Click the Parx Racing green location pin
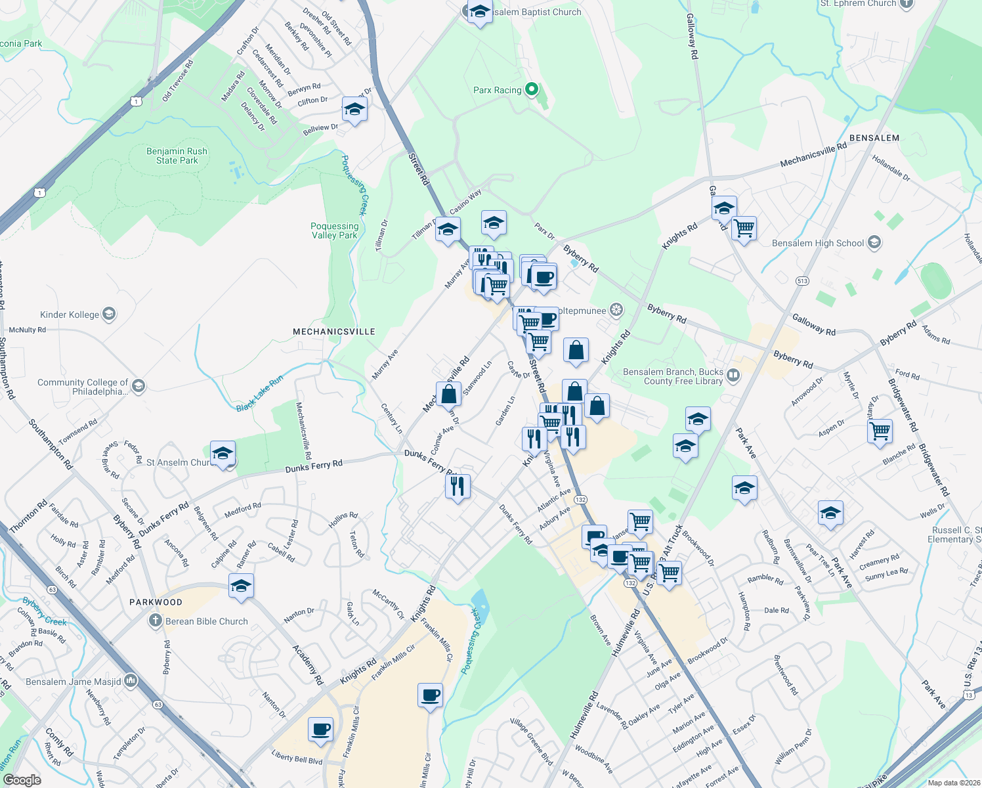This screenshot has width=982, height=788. pos(532,89)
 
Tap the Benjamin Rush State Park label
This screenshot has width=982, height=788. pos(177,156)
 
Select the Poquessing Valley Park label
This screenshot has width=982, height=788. pos(335,230)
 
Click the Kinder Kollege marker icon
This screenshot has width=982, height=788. pos(109,314)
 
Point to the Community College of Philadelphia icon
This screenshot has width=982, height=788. pos(138,386)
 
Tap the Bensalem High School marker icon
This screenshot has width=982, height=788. pos(874,243)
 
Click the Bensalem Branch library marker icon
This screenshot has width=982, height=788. pos(733,376)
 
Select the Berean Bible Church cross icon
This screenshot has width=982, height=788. pos(155,621)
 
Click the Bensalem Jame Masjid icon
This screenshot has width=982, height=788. pos(131,681)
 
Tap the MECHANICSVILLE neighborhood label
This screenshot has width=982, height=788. pos(334,332)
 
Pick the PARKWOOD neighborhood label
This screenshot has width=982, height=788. pos(156,602)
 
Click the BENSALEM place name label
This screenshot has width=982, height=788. pos(874,138)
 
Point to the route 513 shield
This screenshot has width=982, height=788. pos(802,280)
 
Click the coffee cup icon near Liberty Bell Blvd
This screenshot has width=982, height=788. pos(320,729)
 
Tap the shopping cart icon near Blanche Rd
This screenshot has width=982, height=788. pos(880,431)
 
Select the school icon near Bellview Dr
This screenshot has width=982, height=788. pos(354,110)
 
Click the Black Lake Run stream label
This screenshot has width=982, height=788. pos(260,393)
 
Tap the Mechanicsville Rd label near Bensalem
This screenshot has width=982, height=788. pos(813,154)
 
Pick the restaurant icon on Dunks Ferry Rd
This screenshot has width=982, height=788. pos(458,486)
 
